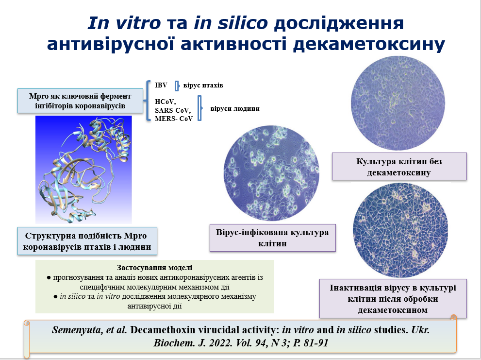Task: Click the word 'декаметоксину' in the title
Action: point(369,44)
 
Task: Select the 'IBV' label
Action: point(161,85)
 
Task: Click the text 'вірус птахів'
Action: point(203,85)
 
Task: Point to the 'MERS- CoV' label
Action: point(174,119)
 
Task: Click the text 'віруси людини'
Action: point(235,108)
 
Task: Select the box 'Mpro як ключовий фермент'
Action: point(80,101)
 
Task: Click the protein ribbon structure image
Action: point(84,170)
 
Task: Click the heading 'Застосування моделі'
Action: point(155,268)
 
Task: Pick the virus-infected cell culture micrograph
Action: point(271,173)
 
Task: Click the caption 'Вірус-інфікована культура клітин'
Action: point(272,238)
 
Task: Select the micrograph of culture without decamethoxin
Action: point(398,103)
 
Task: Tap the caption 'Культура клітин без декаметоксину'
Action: point(399,167)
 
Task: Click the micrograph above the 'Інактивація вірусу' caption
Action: point(400,230)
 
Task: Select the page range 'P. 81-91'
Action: point(311,343)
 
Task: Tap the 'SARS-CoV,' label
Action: point(173,110)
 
